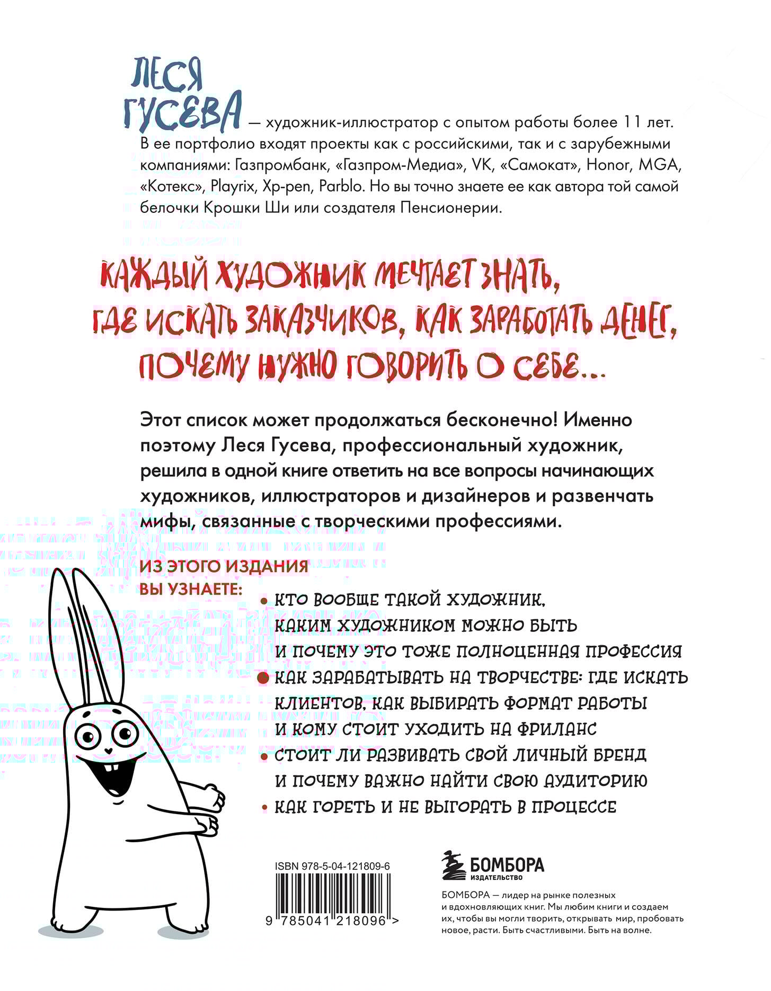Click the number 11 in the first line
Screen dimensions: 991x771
pyautogui.click(x=631, y=123)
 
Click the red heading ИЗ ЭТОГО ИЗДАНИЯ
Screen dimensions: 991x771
pyautogui.click(x=224, y=566)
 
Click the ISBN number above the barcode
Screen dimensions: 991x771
pyautogui.click(x=333, y=866)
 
